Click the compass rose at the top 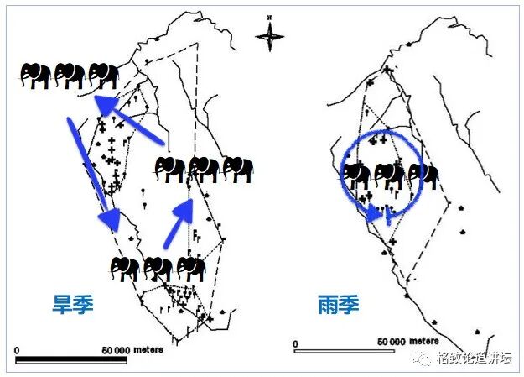click(270, 36)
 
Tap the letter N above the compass click(270, 17)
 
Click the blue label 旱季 click(68, 304)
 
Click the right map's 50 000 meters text click(407, 342)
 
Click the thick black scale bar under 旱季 click(71, 360)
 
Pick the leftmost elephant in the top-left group click(36, 76)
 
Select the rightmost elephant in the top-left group click(104, 76)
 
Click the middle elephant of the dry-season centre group click(204, 169)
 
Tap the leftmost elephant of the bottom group click(124, 269)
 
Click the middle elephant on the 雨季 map click(390, 175)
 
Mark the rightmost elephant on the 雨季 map click(423, 175)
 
